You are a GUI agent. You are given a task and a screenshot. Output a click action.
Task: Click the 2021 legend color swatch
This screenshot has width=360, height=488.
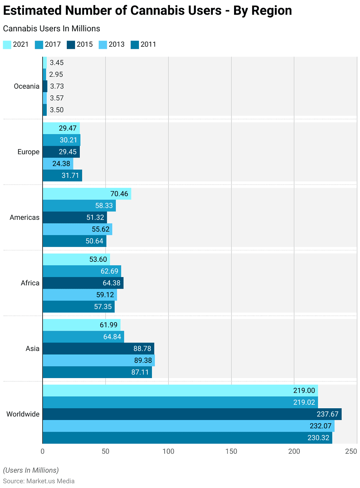pyautogui.click(x=7, y=44)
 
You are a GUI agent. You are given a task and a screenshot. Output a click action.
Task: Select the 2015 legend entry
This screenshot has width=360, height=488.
pyautogui.click(x=80, y=44)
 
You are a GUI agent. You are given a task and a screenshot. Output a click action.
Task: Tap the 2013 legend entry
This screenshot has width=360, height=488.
pyautogui.click(x=112, y=44)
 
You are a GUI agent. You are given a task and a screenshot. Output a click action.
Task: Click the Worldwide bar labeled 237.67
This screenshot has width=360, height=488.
pyautogui.click(x=192, y=414)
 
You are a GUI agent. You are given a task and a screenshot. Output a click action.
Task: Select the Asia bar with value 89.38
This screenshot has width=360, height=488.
pyautogui.click(x=99, y=360)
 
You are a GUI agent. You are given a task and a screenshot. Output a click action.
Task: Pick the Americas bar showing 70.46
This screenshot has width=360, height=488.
pyautogui.click(x=87, y=194)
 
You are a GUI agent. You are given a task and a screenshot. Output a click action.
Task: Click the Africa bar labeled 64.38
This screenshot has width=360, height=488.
pyautogui.click(x=83, y=283)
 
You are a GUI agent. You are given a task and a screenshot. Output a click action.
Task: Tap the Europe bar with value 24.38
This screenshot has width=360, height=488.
pyautogui.click(x=58, y=164)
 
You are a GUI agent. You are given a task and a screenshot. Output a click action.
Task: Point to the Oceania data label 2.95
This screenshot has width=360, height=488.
pyautogui.click(x=56, y=74)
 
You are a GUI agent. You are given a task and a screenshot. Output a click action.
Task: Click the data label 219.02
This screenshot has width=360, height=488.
pyautogui.click(x=304, y=402)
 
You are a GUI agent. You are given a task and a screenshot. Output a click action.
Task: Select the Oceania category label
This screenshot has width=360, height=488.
pyautogui.click(x=26, y=86)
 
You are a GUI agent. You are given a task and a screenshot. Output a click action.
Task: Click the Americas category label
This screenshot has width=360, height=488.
pyautogui.click(x=24, y=217)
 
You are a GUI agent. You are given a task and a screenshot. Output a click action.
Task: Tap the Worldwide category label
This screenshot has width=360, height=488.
pyautogui.click(x=23, y=414)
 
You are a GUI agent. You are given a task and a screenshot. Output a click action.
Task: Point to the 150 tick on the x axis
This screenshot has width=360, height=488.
pyautogui.click(x=231, y=451)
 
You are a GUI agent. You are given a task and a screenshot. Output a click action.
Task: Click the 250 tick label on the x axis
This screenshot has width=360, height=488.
pyautogui.click(x=351, y=451)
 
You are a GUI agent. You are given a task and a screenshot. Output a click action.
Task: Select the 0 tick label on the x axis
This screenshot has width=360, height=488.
pyautogui.click(x=43, y=451)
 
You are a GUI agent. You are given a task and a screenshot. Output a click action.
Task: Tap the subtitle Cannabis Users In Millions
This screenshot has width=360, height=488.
pyautogui.click(x=52, y=29)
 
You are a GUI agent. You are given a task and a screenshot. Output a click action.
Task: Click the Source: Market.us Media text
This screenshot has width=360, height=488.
pyautogui.click(x=39, y=481)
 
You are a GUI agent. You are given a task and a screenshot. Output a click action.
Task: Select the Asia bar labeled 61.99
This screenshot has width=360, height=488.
pyautogui.click(x=81, y=325)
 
